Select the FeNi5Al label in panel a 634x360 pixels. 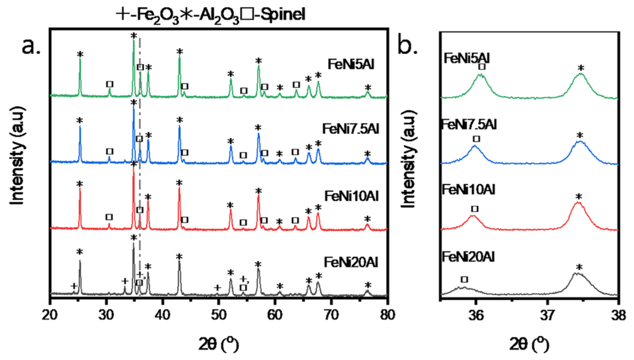tap(351, 65)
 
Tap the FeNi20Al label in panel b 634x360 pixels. tap(468, 257)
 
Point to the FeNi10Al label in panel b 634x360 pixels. tap(468, 190)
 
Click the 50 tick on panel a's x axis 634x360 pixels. tap(219, 315)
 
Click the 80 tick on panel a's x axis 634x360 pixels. tap(387, 315)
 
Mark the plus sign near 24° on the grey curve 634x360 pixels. tap(74, 286)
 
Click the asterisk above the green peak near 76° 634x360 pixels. tap(368, 88)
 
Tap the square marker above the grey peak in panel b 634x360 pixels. tap(465, 279)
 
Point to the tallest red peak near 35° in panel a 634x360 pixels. tap(133, 174)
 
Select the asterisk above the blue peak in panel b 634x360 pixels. tap(580, 135)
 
